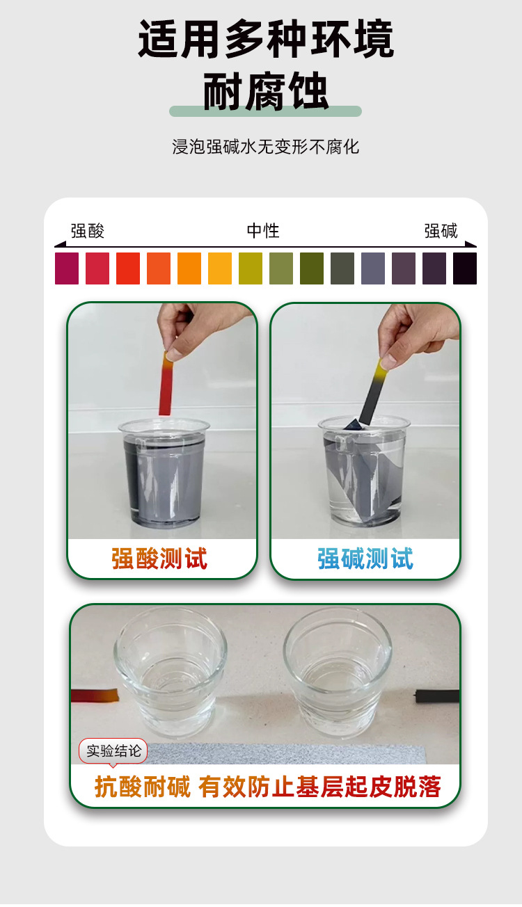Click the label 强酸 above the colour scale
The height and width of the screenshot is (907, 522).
coord(88,231)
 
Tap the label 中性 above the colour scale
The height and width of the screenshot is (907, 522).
coord(263,231)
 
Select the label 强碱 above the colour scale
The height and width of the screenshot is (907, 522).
coord(441,231)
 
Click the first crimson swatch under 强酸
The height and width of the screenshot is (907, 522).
coord(67,268)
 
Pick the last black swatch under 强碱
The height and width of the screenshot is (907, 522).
coord(465,268)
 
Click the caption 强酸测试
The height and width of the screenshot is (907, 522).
coord(159,559)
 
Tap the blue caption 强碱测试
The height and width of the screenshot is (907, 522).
coord(365,559)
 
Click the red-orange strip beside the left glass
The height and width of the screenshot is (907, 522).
coord(95,695)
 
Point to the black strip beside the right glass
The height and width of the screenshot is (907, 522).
coord(437,696)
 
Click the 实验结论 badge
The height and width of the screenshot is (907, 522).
coord(113,751)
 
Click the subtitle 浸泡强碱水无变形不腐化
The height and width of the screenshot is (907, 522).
coord(265,147)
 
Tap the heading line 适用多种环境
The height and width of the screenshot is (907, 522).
coord(265,38)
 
